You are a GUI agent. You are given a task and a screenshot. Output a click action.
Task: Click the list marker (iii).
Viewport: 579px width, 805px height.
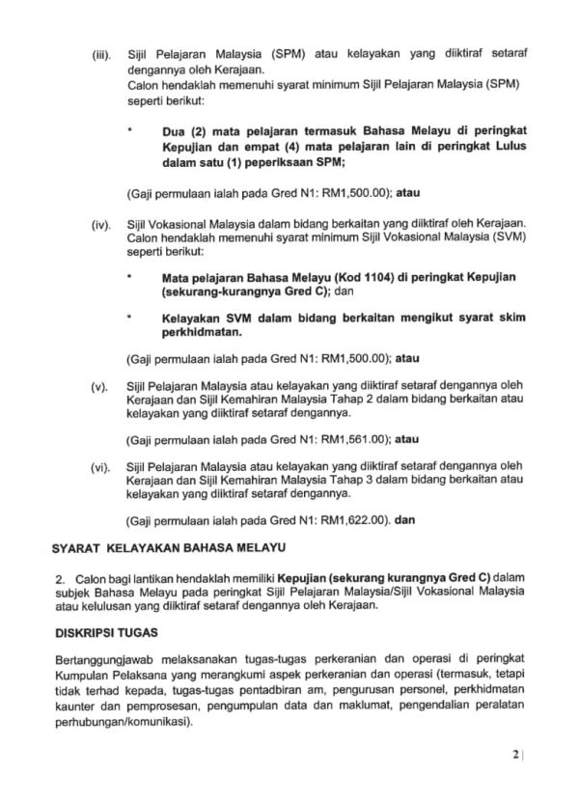pos(100,48)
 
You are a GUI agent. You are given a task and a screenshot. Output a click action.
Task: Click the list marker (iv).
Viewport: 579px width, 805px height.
pos(100,224)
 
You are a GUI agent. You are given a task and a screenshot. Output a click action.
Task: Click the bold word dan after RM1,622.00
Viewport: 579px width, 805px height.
pos(405,520)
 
